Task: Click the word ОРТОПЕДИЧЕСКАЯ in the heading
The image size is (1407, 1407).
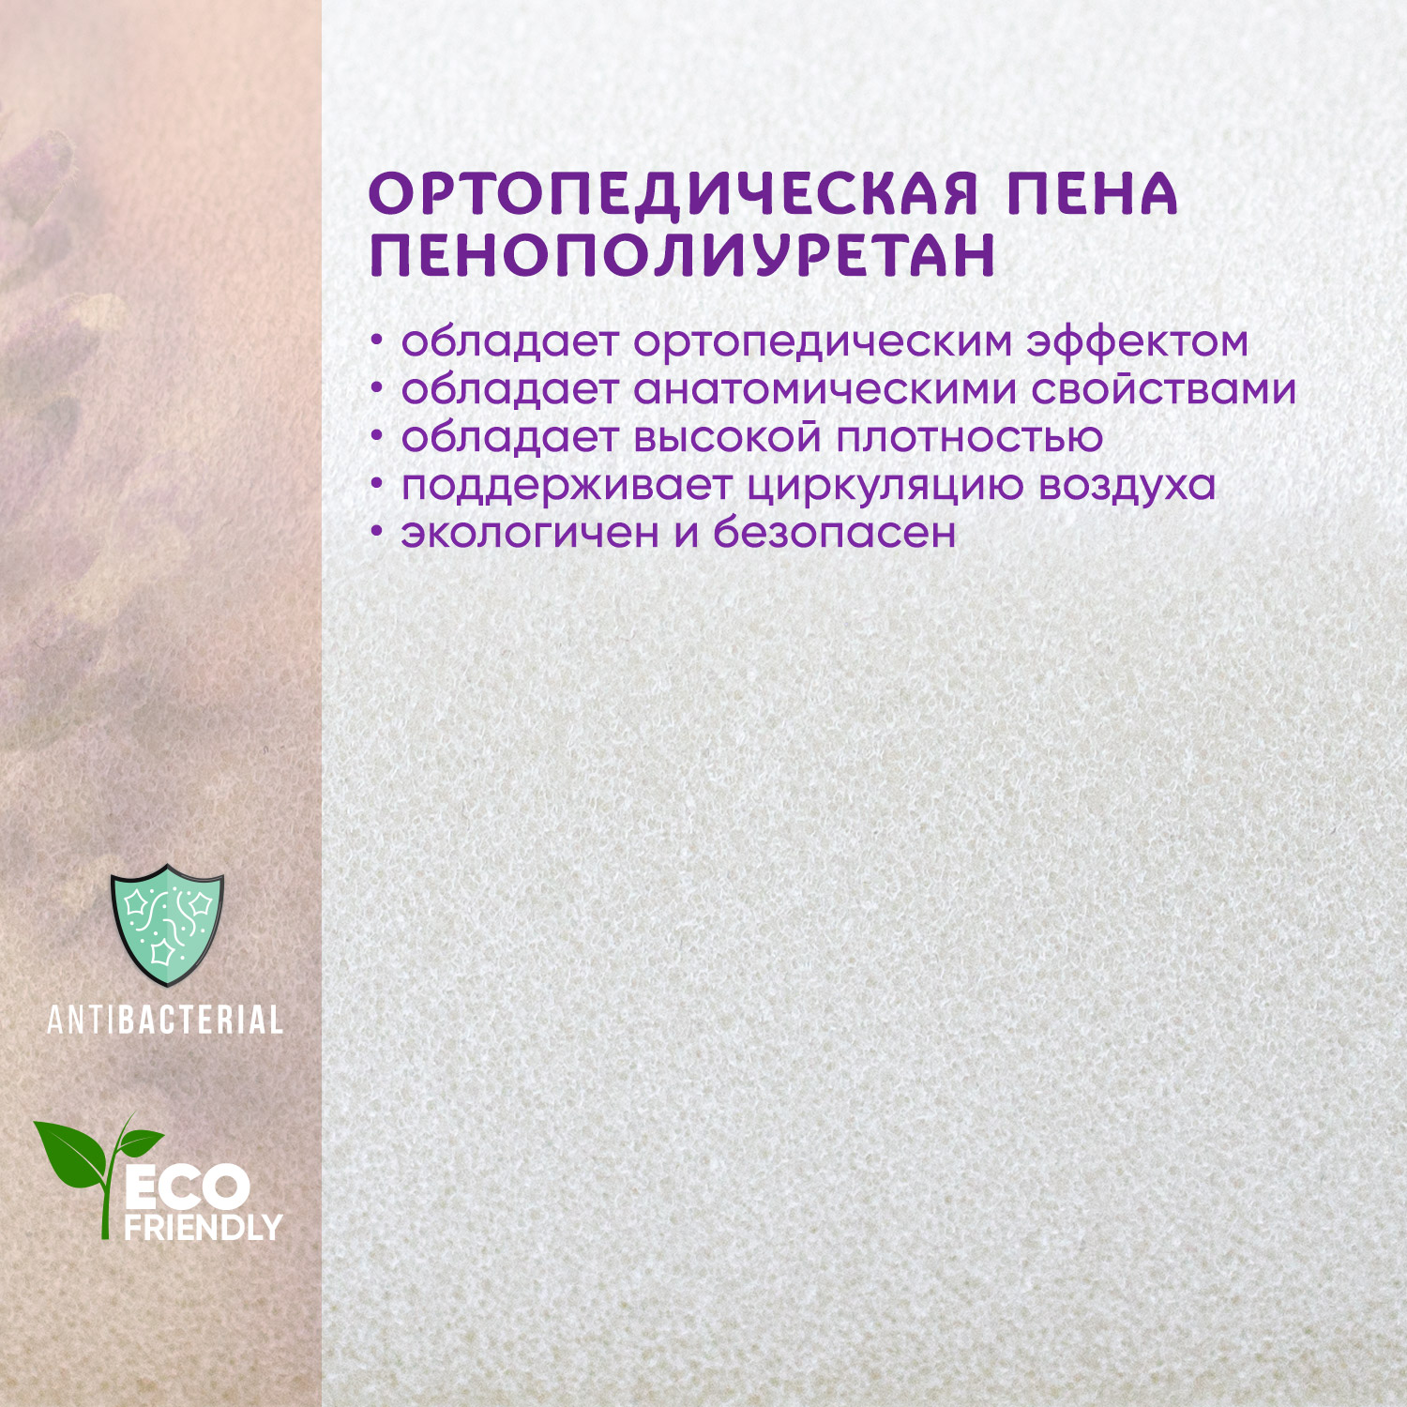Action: (x=673, y=195)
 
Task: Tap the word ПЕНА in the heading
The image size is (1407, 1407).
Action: (x=1093, y=194)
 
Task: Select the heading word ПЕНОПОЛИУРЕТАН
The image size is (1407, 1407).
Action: (x=683, y=254)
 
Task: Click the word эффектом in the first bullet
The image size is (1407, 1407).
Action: (x=1137, y=341)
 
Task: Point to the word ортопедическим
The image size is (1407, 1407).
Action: (x=824, y=343)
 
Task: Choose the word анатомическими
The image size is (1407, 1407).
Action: (x=825, y=389)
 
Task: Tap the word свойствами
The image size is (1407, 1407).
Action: (x=1163, y=389)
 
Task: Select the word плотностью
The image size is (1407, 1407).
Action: (x=969, y=437)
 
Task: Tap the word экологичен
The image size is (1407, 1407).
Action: (x=530, y=533)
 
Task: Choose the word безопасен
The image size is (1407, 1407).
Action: (x=835, y=532)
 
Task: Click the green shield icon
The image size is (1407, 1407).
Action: (x=167, y=925)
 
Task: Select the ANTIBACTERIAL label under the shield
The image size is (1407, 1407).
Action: (x=165, y=1020)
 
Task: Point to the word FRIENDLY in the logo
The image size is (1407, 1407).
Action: (x=203, y=1227)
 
